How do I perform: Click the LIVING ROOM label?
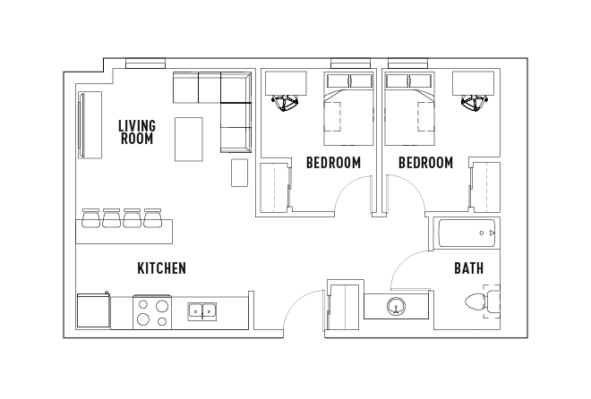[x=136, y=132]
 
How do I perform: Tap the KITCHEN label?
[x=161, y=268]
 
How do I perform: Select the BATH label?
[x=468, y=267]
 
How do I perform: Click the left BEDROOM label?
[x=333, y=163]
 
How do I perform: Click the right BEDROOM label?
[x=425, y=163]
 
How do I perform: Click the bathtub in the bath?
[x=466, y=233]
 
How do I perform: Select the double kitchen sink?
[x=202, y=311]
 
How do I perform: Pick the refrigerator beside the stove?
[x=93, y=311]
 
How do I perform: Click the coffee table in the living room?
[x=189, y=139]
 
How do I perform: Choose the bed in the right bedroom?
[x=410, y=109]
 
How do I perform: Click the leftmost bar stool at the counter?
[x=90, y=217]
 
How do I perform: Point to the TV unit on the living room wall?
[x=90, y=125]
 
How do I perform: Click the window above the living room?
[x=145, y=64]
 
